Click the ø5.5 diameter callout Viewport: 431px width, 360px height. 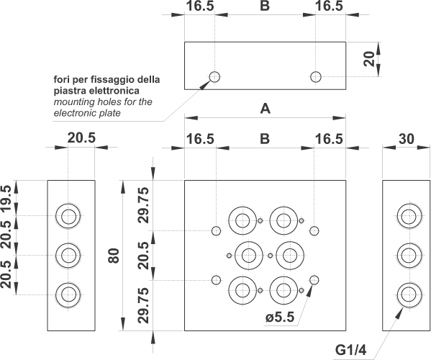(x=280, y=318)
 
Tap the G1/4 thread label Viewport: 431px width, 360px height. (x=350, y=350)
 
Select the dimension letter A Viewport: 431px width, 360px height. (x=266, y=109)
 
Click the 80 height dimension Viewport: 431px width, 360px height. (x=114, y=256)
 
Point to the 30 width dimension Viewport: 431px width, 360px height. (x=407, y=139)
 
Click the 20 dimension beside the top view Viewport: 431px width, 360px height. (x=369, y=59)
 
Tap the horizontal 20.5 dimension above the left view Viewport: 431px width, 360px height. (x=81, y=138)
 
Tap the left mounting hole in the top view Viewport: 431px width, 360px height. (x=214, y=77)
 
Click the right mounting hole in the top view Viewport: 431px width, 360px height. (x=316, y=77)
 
